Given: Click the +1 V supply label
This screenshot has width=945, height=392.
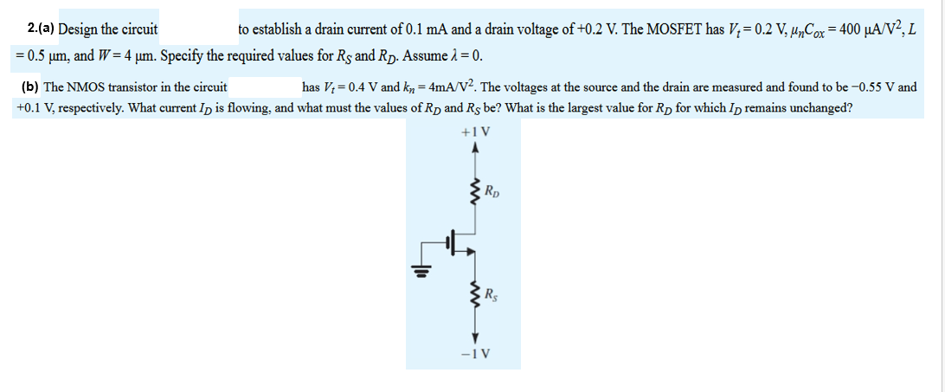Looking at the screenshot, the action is (477, 133).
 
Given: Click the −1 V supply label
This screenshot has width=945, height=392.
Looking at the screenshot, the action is (476, 353).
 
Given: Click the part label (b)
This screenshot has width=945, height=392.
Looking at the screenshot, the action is (29, 87).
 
